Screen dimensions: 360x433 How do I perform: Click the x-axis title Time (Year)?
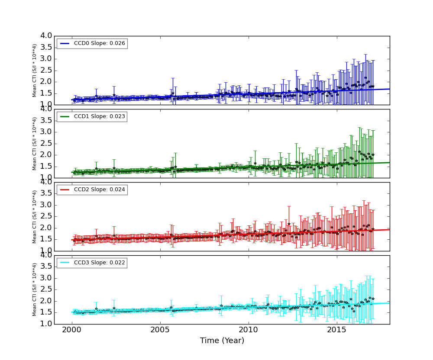point(222,341)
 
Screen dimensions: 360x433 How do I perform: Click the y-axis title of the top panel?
point(35,70)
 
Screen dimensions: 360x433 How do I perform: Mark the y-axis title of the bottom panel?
point(35,289)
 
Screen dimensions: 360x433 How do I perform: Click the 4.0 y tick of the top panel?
point(46,36)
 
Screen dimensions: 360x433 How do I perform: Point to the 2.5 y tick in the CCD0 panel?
point(46,70)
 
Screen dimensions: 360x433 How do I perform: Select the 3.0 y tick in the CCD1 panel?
point(46,132)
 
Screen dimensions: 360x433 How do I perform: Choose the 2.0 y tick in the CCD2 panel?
point(46,228)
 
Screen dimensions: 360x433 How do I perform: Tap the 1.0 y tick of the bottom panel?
point(46,324)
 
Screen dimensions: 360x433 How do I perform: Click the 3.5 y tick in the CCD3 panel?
point(46,267)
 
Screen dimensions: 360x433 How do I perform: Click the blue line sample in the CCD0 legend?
point(65,43)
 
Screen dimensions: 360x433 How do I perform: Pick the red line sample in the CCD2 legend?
point(65,190)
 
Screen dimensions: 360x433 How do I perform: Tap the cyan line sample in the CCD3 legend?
point(65,263)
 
